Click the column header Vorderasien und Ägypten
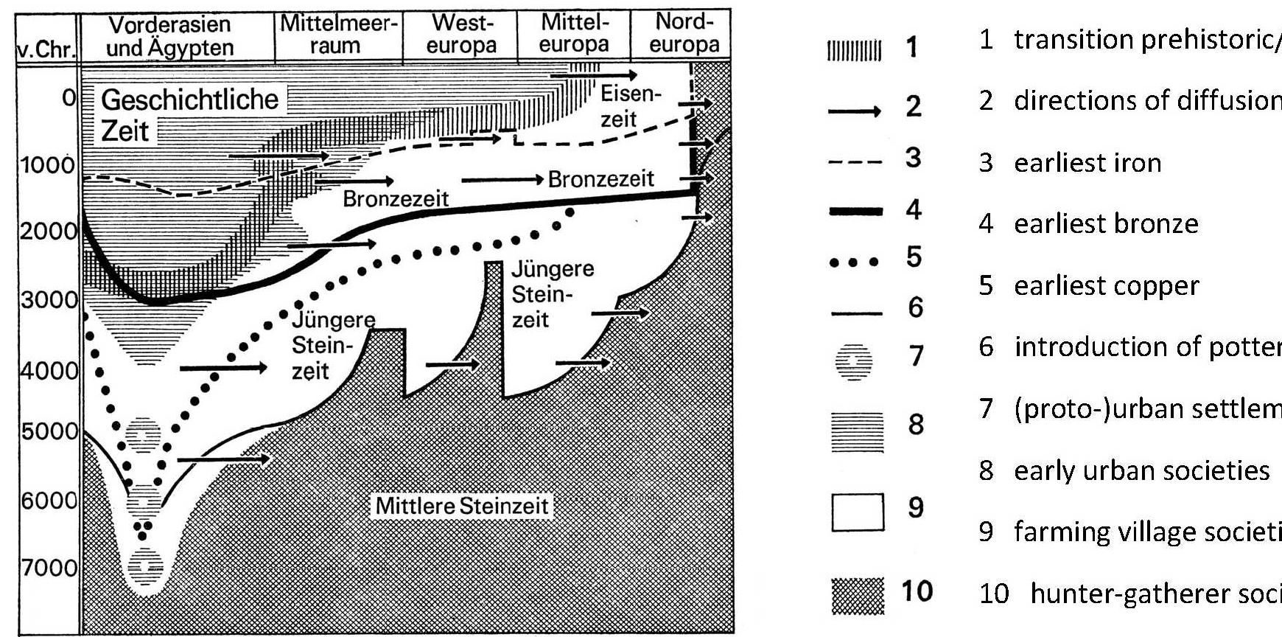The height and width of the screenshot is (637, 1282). [x=169, y=35]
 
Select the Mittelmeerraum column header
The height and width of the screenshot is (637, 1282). [x=337, y=34]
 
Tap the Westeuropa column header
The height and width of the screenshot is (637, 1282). [x=461, y=34]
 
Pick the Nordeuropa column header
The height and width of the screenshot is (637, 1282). [x=684, y=34]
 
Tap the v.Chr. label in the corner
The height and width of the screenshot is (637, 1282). [x=46, y=50]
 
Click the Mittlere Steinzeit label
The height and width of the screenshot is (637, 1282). [x=462, y=507]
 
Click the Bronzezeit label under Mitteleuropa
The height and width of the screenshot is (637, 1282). [x=600, y=179]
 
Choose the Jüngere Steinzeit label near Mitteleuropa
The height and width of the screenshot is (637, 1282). [x=552, y=293]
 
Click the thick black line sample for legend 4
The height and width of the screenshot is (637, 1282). [x=855, y=212]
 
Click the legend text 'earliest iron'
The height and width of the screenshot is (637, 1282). [x=1087, y=163]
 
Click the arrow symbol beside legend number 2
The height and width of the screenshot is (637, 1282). [x=855, y=111]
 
